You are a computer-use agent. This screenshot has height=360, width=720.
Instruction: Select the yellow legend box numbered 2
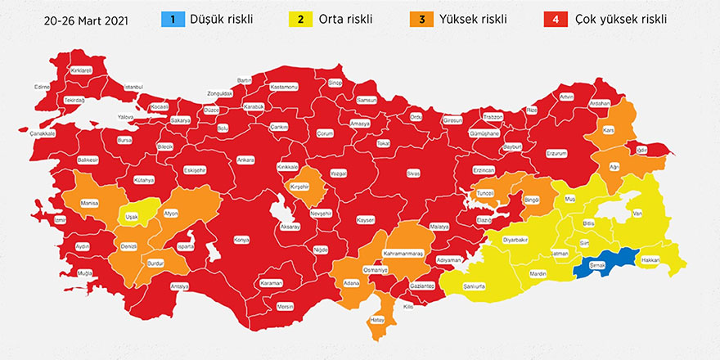301,18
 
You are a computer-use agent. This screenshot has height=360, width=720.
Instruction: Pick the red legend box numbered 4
556,18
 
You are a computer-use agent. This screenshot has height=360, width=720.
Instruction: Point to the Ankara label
245,160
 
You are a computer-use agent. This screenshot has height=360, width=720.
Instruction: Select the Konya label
241,241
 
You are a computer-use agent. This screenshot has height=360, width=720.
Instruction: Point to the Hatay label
379,320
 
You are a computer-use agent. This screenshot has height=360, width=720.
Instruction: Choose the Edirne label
43,86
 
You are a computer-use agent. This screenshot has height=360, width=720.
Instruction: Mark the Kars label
608,131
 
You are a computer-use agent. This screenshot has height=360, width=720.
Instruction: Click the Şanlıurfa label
475,287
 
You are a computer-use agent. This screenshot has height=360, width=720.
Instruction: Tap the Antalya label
179,287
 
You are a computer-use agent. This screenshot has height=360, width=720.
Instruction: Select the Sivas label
413,174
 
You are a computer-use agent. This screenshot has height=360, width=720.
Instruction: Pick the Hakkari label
650,259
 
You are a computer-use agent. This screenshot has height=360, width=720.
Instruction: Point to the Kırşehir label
300,187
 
